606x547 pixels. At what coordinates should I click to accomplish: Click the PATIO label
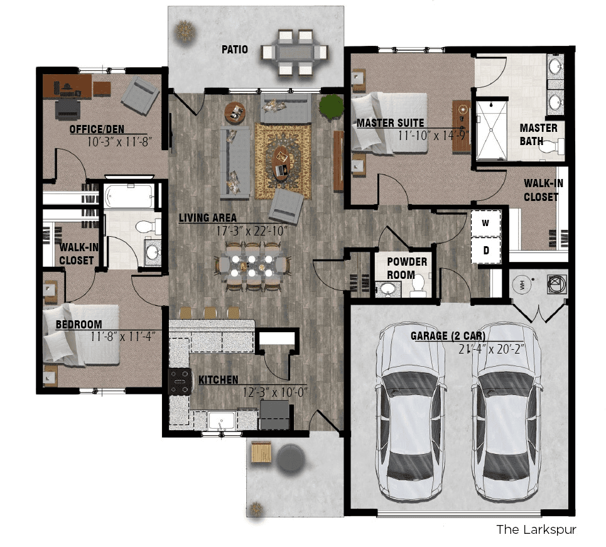click(x=235, y=50)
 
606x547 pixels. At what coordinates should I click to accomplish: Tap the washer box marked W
click(x=486, y=224)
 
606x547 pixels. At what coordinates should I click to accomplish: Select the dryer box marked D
click(x=486, y=251)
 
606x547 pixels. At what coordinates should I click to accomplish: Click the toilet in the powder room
click(x=418, y=286)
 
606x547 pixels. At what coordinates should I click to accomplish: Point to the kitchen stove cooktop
click(x=180, y=381)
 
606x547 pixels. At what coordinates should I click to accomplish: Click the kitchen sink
click(x=222, y=421)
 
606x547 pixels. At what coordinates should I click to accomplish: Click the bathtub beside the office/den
click(x=129, y=196)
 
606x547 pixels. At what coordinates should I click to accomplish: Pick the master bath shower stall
click(x=491, y=131)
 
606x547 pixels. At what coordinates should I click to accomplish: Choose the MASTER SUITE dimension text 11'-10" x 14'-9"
click(x=433, y=136)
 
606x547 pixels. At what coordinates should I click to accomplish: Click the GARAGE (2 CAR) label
click(x=448, y=335)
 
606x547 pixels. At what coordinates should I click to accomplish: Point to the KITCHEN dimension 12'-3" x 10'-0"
click(x=275, y=393)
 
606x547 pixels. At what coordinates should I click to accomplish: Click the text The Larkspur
click(x=536, y=529)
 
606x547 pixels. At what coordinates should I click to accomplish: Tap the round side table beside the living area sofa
click(x=235, y=113)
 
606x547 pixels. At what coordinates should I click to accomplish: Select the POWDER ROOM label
click(x=407, y=268)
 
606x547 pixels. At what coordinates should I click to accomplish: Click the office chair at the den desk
click(x=68, y=109)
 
